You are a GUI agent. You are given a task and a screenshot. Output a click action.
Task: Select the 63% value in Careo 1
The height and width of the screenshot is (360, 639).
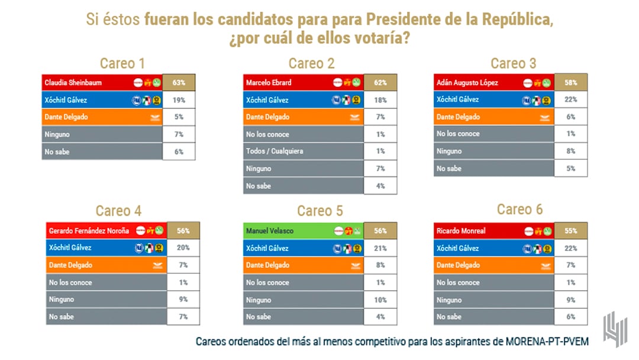[178, 82]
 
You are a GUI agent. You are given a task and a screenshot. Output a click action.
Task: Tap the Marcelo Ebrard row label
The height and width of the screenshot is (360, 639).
[270, 82]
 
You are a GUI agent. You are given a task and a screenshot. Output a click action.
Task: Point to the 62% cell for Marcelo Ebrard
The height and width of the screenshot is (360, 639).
[380, 82]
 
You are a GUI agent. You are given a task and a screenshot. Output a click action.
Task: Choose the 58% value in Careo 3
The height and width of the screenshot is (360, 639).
[571, 82]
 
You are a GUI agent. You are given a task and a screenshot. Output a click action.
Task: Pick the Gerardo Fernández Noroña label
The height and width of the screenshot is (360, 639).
[89, 230]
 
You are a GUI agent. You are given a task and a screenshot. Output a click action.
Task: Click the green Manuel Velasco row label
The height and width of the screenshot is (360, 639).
[270, 230]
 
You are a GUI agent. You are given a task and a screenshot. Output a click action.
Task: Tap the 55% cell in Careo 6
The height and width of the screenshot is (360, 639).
[571, 230]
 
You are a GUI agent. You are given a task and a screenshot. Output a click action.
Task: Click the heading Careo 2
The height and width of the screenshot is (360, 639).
[311, 63]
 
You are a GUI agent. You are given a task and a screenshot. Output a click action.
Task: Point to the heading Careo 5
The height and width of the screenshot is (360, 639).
[319, 211]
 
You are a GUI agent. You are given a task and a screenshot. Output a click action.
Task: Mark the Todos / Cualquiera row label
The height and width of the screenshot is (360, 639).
[275, 151]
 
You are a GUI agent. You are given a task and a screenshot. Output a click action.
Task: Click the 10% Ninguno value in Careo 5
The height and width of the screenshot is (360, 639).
[380, 300]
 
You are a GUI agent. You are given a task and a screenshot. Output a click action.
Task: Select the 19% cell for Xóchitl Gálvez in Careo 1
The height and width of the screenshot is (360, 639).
[178, 100]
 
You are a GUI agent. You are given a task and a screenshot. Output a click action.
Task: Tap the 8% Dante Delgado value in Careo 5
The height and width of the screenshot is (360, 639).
[380, 265]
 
